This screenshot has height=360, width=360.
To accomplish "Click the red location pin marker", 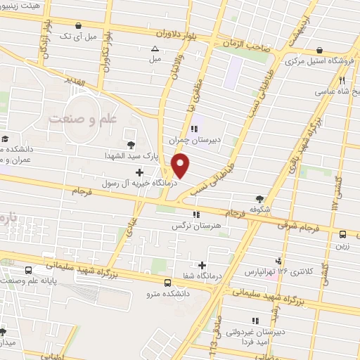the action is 181,166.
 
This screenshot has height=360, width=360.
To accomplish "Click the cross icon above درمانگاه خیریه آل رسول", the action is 139,172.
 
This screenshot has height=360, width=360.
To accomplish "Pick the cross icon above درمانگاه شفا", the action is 202,265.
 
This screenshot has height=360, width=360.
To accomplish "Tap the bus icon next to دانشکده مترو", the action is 167,283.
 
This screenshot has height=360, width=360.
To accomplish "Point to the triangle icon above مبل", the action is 155,49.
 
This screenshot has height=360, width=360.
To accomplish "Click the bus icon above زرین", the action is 342,235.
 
